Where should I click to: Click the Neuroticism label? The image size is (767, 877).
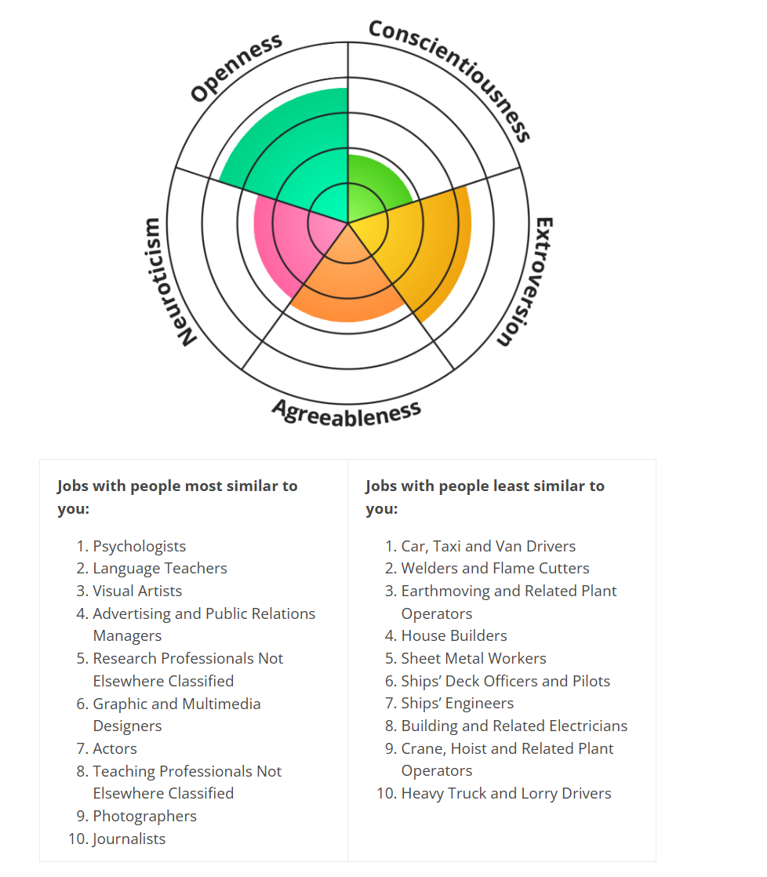[x=162, y=282]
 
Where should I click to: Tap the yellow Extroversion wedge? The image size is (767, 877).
[x=425, y=246]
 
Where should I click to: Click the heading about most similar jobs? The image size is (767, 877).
[x=177, y=497]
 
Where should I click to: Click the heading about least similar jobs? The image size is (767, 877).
[x=485, y=497]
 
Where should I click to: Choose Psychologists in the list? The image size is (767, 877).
[x=139, y=547]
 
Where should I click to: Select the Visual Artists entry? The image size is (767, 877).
[x=137, y=591]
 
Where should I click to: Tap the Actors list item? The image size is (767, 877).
[x=115, y=748]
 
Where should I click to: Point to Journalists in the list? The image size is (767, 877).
[x=129, y=839]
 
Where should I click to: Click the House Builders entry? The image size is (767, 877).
[x=454, y=636]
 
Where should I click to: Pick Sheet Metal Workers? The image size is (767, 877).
[x=474, y=658]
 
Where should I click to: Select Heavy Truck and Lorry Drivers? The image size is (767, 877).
[x=507, y=794]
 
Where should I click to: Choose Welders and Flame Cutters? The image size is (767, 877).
[x=496, y=568]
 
